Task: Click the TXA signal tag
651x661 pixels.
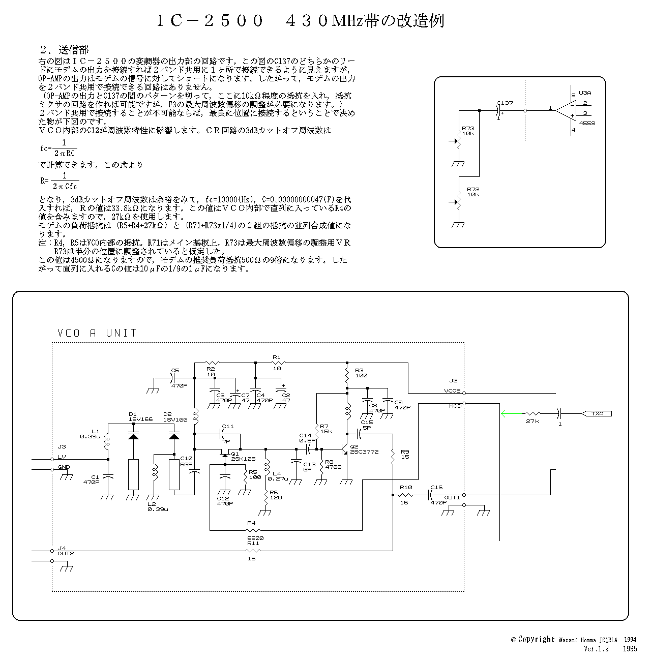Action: tap(597, 413)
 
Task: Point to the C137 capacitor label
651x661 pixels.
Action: tap(505, 103)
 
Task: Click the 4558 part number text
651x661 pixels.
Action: tap(586, 123)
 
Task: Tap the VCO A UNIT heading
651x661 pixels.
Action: tap(97, 333)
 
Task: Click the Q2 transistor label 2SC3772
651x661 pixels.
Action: tap(364, 452)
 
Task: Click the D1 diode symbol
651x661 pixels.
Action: tap(133, 436)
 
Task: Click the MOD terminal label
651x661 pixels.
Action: tap(455, 406)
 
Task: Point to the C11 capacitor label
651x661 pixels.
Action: tap(228, 426)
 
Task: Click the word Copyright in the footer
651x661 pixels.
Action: tap(536, 640)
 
